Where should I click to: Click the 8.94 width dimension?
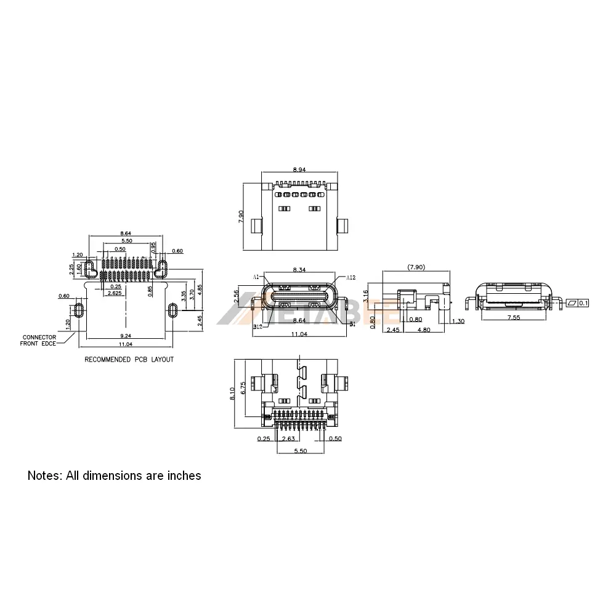[299, 168]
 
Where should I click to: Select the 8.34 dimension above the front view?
[299, 270]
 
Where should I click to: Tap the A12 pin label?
[351, 277]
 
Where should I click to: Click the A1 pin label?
[256, 277]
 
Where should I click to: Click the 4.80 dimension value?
[424, 330]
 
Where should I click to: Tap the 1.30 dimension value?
[458, 322]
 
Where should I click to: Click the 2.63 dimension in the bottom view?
[287, 439]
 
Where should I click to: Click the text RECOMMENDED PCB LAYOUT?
[129, 359]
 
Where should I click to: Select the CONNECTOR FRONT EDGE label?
[39, 340]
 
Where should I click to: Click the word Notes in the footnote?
[43, 476]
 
